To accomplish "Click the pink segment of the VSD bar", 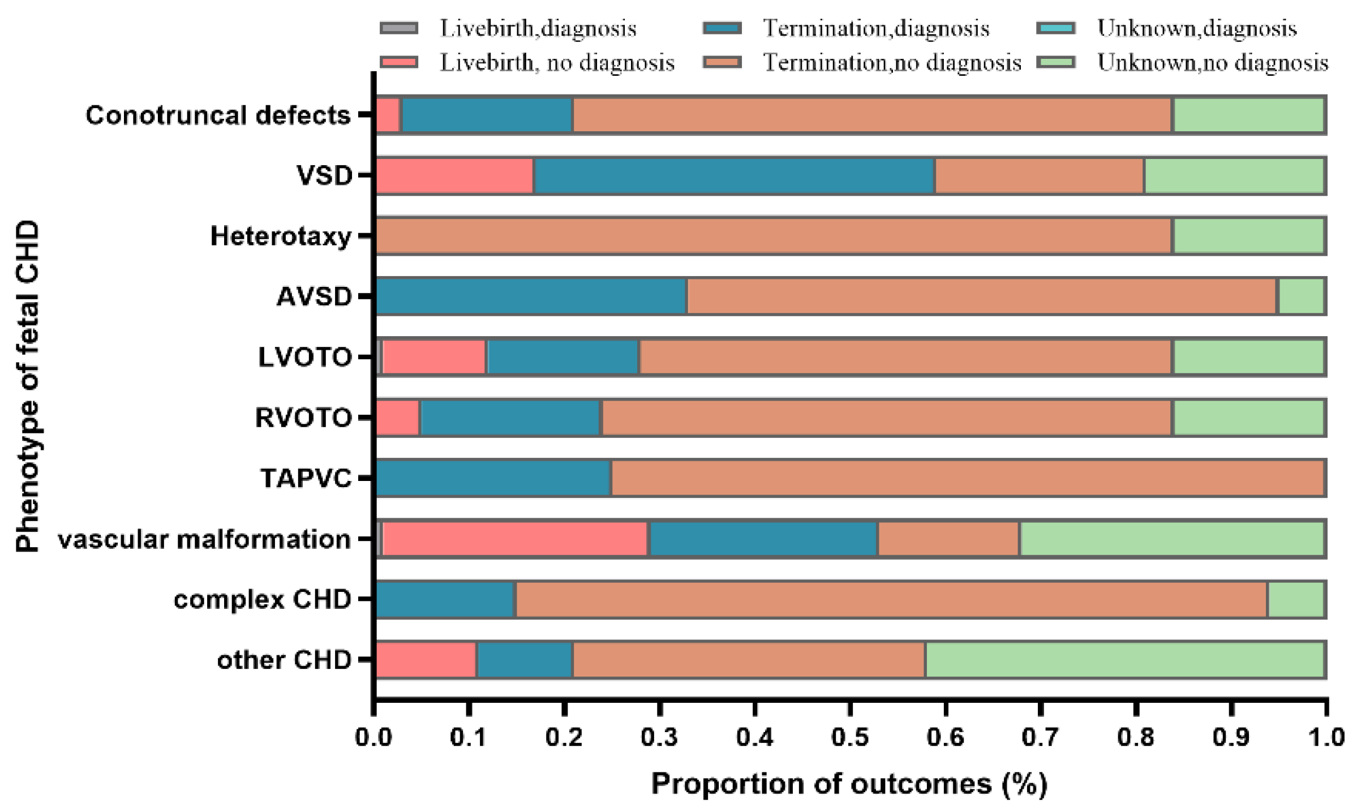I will coord(455,175).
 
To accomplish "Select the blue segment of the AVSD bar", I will coord(531,296).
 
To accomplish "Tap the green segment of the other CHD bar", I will coord(1125,659).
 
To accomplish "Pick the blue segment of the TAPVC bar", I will coord(493,478).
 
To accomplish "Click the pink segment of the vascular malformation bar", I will coord(516,539).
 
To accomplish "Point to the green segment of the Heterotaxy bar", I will coord(1249,235).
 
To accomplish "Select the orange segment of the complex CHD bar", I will coord(891,599).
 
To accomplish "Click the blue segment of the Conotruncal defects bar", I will coord(487,115).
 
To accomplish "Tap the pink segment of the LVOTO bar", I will coord(434,356).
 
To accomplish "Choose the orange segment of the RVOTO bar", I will coord(886,418).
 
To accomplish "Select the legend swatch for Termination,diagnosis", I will coord(722,28).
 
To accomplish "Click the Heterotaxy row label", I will coord(281,236).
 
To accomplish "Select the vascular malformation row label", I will coord(204,539).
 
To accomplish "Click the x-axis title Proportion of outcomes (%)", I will coord(849,784).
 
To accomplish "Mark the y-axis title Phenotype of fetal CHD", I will coord(27,386).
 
